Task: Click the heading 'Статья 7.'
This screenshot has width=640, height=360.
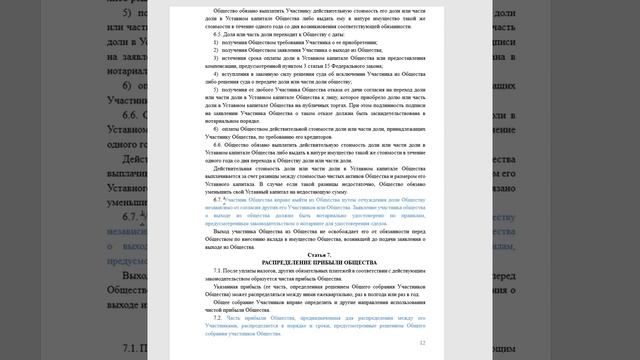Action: pos(320,258)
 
